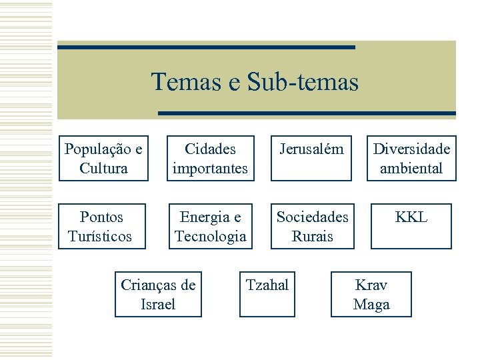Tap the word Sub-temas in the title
point(303,82)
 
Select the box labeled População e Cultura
point(103,159)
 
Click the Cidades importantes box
point(210,159)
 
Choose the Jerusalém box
point(311,159)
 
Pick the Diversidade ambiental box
point(411,159)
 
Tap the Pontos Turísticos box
point(101,227)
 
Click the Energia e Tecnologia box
point(210,227)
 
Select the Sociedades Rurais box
point(312,227)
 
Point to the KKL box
point(411,227)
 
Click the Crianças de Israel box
point(158,295)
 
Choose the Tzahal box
point(267,295)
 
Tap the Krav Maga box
point(371,295)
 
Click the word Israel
point(158,305)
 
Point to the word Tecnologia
point(210,237)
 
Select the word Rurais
point(312,237)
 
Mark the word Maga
point(371,305)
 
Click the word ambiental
point(411,169)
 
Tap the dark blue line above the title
point(206,47)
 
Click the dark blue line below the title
point(306,113)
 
